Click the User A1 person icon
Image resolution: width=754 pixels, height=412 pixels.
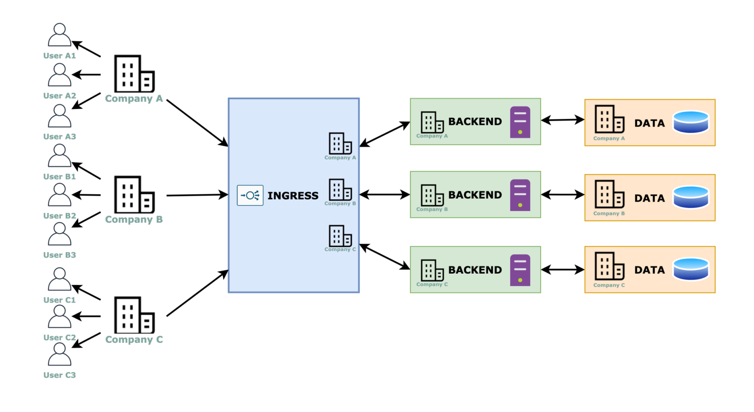(x=59, y=35)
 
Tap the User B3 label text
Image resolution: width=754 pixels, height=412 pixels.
(x=59, y=255)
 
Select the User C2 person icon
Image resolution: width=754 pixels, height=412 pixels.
(x=59, y=316)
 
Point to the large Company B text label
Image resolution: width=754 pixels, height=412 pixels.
(x=134, y=219)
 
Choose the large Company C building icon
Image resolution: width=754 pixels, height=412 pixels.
(x=134, y=315)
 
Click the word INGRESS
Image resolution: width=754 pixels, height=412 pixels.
(x=293, y=196)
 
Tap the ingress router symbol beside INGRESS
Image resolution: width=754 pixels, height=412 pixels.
(x=250, y=195)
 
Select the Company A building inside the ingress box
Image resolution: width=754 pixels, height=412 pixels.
(x=340, y=143)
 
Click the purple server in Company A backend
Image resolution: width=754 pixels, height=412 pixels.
(x=520, y=122)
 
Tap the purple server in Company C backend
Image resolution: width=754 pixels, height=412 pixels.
(x=520, y=270)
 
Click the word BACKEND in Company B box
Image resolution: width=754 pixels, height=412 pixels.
(x=475, y=195)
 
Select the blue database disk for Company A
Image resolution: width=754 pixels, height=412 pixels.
(x=691, y=122)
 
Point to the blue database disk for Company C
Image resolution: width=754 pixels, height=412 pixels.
(x=691, y=269)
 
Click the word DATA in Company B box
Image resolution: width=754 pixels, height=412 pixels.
(x=649, y=198)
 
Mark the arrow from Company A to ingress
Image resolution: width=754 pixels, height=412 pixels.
(x=197, y=123)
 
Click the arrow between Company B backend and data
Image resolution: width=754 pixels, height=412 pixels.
(x=563, y=195)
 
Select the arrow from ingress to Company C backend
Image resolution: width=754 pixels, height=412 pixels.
(x=385, y=257)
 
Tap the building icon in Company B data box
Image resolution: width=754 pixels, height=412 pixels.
(x=609, y=194)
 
